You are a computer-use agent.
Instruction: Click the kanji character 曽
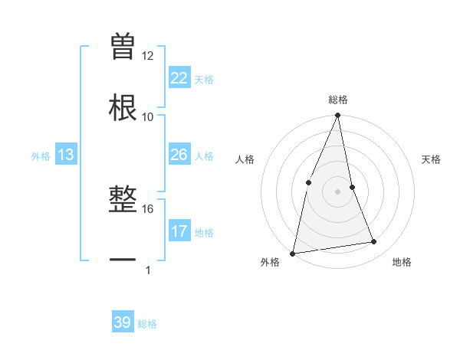tap(123, 47)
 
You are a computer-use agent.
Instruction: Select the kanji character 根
tap(123, 106)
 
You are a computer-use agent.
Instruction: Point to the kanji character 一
tap(123, 260)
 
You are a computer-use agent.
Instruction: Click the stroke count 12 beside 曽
tap(147, 56)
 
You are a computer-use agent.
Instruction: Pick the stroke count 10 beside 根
tap(147, 116)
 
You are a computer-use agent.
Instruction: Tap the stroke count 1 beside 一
tap(147, 270)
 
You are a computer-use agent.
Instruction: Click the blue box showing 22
tap(179, 78)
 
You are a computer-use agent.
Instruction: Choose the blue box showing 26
tap(179, 155)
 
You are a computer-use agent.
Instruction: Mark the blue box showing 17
tap(179, 231)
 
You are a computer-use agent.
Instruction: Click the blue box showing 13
tap(66, 155)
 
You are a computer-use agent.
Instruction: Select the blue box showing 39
tap(123, 323)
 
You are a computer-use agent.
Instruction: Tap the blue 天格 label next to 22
tap(204, 79)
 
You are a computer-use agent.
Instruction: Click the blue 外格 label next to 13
tap(41, 156)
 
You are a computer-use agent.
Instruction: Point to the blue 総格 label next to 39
tap(147, 324)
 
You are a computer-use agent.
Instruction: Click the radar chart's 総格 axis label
tap(338, 100)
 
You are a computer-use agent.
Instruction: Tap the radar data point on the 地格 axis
tap(374, 242)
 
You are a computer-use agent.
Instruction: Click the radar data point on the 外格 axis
tap(293, 253)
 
